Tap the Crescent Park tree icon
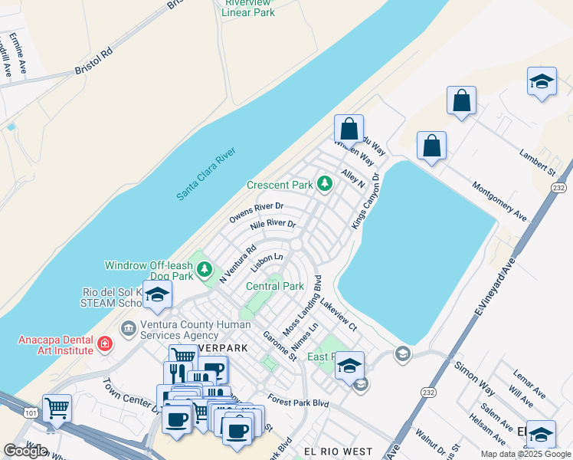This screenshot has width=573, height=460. point(325,184)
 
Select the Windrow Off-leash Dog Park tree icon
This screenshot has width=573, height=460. point(204,269)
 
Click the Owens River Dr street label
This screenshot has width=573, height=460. point(257,212)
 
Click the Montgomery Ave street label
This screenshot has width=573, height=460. point(499,201)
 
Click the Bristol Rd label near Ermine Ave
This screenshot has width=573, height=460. point(93,61)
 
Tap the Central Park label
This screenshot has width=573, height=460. point(275,286)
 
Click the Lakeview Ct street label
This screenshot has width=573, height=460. point(339,311)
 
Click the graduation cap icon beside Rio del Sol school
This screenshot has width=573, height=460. point(157,295)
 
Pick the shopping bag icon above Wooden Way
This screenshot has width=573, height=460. point(349,128)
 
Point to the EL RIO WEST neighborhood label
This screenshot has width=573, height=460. point(337,452)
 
